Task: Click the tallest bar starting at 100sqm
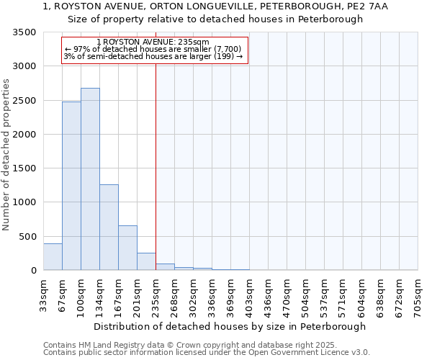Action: (x=90, y=179)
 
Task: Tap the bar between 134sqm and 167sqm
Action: (x=109, y=228)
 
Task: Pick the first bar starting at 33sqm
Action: (x=53, y=257)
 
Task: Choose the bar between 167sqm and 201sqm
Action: (x=127, y=248)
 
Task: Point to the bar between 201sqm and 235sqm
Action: (x=146, y=262)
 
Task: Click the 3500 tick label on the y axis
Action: (x=24, y=33)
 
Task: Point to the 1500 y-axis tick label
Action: (x=24, y=168)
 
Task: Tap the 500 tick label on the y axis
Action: (x=27, y=236)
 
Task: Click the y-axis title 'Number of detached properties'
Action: (x=6, y=155)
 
